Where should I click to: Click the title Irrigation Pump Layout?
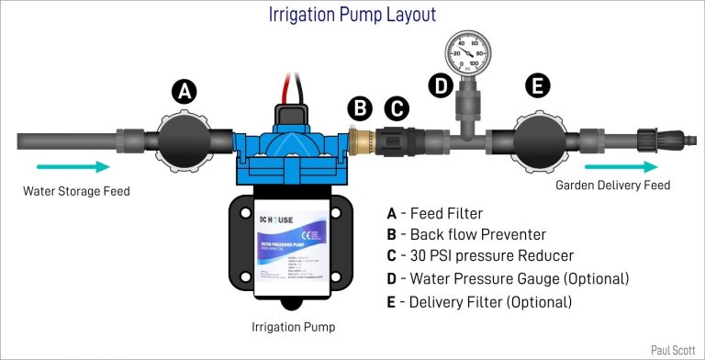click(x=352, y=15)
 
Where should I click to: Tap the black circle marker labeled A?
click(x=185, y=91)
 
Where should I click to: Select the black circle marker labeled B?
click(x=362, y=108)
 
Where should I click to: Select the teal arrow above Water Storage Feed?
click(x=74, y=166)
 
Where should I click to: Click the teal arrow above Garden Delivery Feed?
click(x=621, y=166)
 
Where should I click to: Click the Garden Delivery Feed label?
click(x=613, y=186)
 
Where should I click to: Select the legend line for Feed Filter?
click(x=435, y=214)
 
